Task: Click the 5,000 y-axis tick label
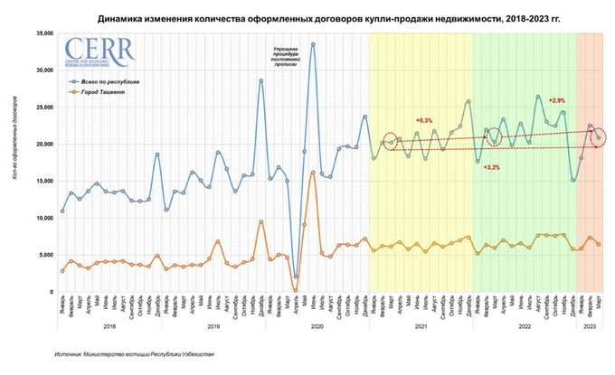coord(43,256)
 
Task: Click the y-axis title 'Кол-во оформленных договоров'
coord(15,163)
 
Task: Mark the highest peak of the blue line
coord(313,43)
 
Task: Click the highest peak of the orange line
coord(313,172)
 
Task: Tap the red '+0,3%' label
coord(424,120)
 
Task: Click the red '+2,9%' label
coord(556,99)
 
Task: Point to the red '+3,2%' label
coord(493,168)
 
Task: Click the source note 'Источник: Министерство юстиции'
coord(137,355)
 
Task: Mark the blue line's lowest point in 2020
coord(296,277)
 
